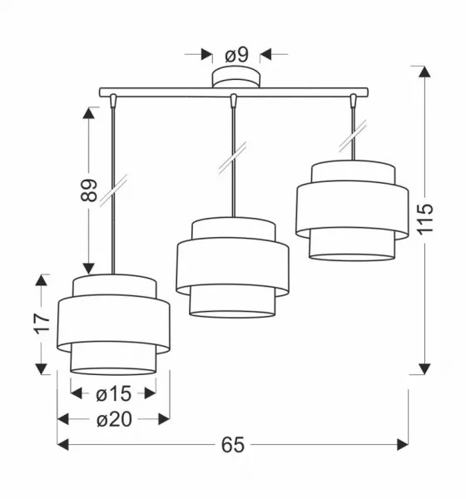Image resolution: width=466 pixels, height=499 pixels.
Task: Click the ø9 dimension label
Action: [236, 55]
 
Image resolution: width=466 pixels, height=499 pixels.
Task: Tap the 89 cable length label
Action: [89, 190]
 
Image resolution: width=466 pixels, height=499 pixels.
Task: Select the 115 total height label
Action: [425, 220]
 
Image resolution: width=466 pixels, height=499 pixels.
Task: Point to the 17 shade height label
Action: [42, 324]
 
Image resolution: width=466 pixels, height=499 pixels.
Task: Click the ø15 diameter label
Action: [113, 393]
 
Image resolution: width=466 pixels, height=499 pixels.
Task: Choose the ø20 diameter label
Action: [114, 419]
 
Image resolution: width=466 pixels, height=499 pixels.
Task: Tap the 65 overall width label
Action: [233, 445]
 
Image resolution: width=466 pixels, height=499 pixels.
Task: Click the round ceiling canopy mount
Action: [236, 77]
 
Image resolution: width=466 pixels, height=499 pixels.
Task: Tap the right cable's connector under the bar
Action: [353, 100]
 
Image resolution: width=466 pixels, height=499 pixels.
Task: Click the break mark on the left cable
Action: [113, 190]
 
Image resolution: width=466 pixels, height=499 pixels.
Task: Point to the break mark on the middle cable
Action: [233, 158]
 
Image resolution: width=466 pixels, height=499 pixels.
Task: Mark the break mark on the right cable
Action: [353, 136]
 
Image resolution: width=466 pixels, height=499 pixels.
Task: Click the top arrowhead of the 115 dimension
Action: [424, 72]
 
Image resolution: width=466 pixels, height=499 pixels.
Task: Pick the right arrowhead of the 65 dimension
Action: [403, 445]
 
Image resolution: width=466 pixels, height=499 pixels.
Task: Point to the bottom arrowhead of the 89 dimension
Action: [88, 269]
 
